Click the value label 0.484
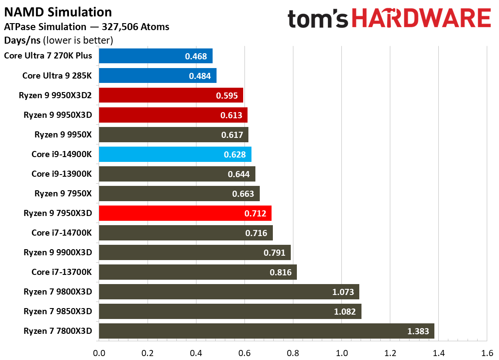coord(200,76)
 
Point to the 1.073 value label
coord(343,292)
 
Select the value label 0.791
coord(274,253)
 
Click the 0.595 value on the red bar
coord(227,96)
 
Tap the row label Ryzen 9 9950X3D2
coord(55,95)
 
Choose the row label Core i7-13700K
coord(62,272)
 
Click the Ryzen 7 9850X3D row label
coord(58,311)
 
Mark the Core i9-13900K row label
coord(62,174)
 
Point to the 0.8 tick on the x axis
coord(293,353)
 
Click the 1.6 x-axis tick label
coord(487,353)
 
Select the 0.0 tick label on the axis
coord(99,353)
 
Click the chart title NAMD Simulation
coord(58,12)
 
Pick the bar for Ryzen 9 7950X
coord(179,194)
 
